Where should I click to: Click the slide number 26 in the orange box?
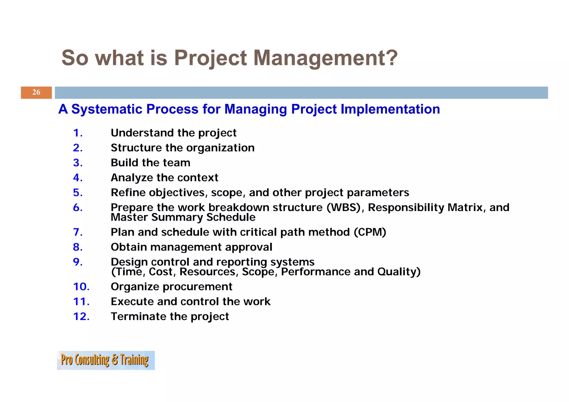[x=36, y=92]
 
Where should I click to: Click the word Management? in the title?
[x=325, y=58]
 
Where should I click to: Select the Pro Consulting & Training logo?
[x=106, y=360]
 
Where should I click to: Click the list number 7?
[x=77, y=232]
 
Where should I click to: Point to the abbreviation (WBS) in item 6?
[x=343, y=208]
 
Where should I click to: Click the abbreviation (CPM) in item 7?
[x=370, y=232]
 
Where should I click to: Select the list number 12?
[x=81, y=316]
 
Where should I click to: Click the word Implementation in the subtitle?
[x=390, y=109]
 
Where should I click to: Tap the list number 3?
[x=77, y=163]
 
